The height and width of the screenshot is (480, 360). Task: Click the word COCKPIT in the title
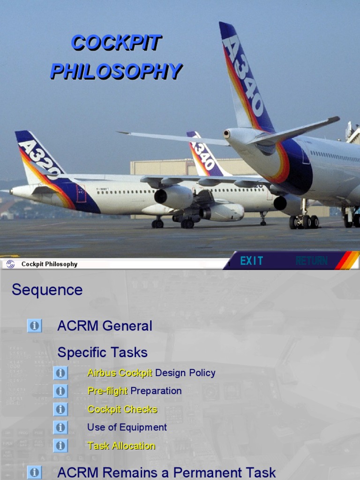[116, 43]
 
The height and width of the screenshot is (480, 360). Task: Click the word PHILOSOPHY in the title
[116, 71]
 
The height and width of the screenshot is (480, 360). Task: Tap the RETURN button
[311, 261]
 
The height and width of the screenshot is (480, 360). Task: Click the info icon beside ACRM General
[34, 326]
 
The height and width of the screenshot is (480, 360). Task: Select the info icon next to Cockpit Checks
[60, 409]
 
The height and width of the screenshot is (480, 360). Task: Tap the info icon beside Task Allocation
[60, 446]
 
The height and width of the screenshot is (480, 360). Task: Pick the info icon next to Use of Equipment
[60, 427]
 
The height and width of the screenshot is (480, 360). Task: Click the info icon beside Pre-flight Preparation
[60, 391]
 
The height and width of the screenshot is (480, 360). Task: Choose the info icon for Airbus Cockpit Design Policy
[60, 373]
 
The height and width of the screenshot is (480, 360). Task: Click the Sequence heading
[47, 290]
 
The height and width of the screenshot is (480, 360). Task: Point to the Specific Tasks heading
[102, 352]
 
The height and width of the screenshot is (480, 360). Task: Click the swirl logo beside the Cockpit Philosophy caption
[10, 264]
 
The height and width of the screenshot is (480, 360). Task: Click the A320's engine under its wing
[174, 196]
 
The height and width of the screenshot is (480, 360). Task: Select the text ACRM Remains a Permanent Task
[166, 472]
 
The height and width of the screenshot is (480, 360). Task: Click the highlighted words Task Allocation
[121, 446]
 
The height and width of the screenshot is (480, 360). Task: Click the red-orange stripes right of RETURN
[347, 261]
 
